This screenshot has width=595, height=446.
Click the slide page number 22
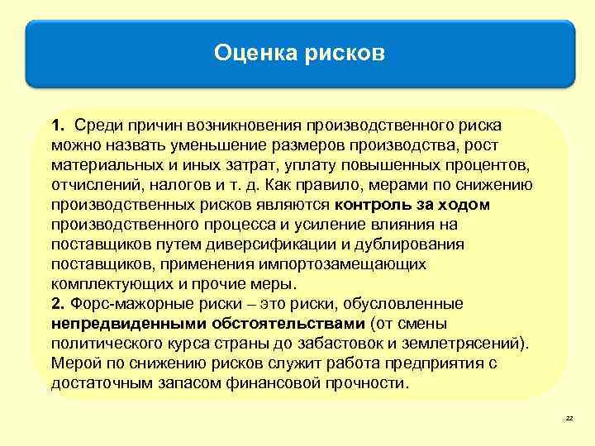point(569,420)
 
